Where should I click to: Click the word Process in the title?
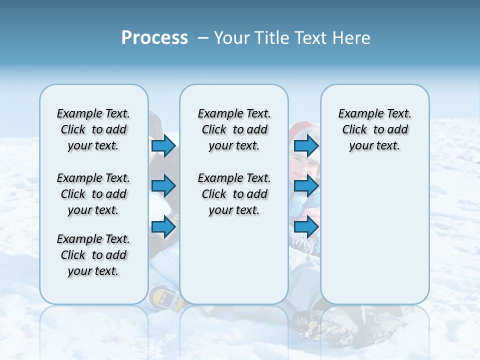click(x=154, y=38)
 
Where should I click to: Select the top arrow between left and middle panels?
click(x=163, y=145)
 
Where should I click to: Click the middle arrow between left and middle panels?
click(x=163, y=186)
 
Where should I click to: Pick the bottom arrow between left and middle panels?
click(x=163, y=227)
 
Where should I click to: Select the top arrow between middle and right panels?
click(x=306, y=145)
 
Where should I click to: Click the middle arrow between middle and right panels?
click(x=306, y=186)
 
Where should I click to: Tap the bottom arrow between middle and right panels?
click(x=306, y=227)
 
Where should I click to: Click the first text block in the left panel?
click(x=93, y=129)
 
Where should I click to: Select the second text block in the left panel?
click(x=93, y=194)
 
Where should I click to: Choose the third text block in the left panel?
click(x=93, y=255)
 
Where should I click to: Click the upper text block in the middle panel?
click(x=234, y=129)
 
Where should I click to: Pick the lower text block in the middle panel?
click(x=234, y=194)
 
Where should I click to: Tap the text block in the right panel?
click(x=374, y=129)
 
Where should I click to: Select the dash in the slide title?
click(x=203, y=38)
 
